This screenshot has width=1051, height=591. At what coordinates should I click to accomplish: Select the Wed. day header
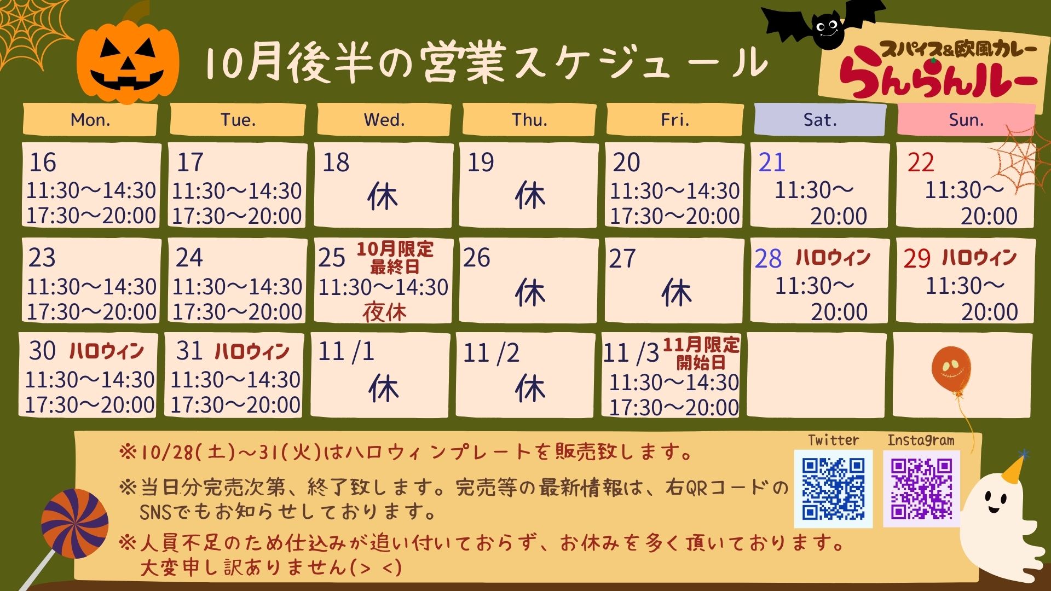tap(384, 120)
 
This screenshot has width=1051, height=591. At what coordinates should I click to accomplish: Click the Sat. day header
tap(820, 120)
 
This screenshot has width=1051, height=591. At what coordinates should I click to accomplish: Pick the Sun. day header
tap(966, 120)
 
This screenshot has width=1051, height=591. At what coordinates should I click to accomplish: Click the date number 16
tap(43, 163)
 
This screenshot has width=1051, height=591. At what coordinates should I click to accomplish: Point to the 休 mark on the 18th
tap(383, 196)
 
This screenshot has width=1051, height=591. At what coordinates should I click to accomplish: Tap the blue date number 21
tap(772, 163)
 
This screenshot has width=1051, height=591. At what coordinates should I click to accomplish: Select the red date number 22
tap(921, 163)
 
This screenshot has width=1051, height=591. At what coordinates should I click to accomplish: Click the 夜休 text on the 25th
tap(384, 312)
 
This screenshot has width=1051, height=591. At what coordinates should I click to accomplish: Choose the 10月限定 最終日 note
tap(395, 258)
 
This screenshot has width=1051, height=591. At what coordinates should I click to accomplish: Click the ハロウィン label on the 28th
tap(833, 257)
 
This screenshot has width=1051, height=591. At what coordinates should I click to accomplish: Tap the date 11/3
tap(631, 353)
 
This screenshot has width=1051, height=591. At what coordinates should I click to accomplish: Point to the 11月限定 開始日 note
tap(701, 354)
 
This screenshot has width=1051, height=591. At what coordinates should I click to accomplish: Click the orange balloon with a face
tap(951, 369)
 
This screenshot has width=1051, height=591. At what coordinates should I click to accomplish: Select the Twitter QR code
tap(833, 489)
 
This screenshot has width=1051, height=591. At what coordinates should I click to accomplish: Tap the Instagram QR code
tap(922, 489)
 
